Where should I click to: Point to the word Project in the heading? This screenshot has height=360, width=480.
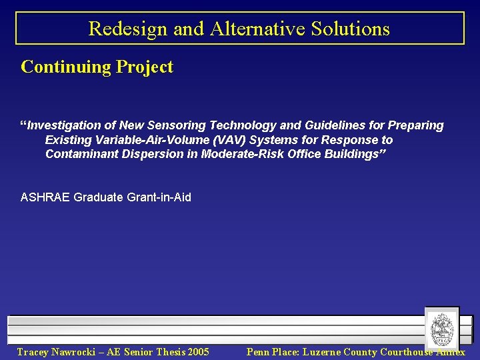pos(144,67)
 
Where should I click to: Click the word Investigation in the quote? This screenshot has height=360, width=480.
pos(65,125)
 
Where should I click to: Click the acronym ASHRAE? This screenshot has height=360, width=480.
pos(45,197)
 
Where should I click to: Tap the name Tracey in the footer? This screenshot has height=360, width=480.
pos(34,352)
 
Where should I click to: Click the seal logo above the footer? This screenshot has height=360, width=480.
pos(441,328)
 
